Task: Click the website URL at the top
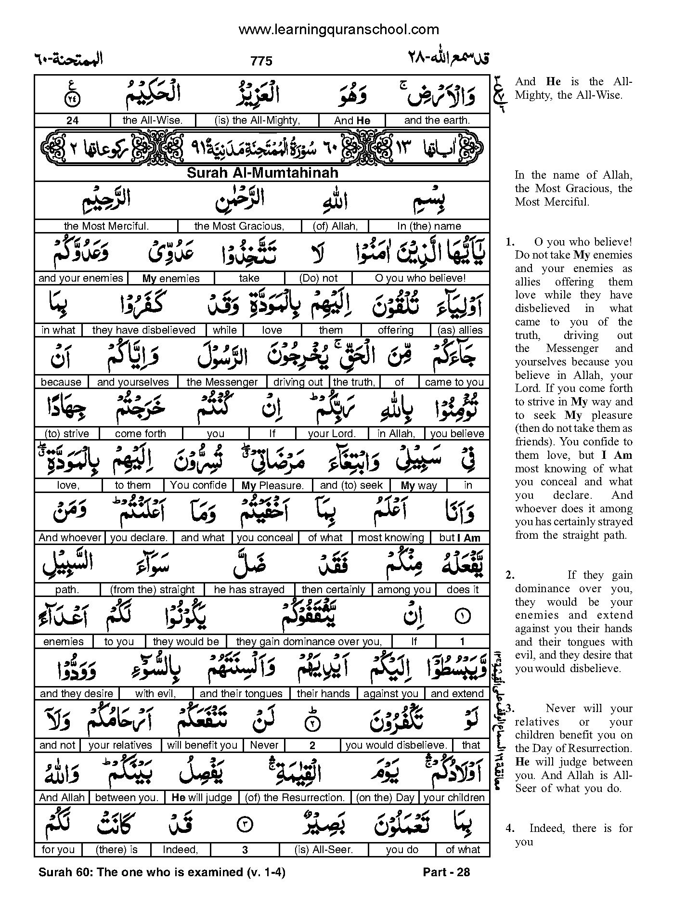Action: pyautogui.click(x=338, y=30)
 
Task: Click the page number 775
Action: pyautogui.click(x=261, y=61)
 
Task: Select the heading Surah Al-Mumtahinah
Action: pyautogui.click(x=262, y=173)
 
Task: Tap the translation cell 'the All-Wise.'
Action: pyautogui.click(x=153, y=120)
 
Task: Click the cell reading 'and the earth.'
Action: pyautogui.click(x=437, y=120)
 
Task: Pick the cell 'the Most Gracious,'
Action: pyautogui.click(x=239, y=226)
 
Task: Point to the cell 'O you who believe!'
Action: pyautogui.click(x=420, y=278)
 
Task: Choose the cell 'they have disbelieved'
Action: pyautogui.click(x=143, y=330)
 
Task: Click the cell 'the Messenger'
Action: pyautogui.click(x=222, y=382)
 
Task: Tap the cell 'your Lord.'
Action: pyautogui.click(x=332, y=433)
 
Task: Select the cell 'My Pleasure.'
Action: pyautogui.click(x=272, y=485)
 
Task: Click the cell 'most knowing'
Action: pyautogui.click(x=391, y=537)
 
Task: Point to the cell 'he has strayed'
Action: pyautogui.click(x=250, y=589)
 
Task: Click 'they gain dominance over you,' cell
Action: pyautogui.click(x=309, y=641)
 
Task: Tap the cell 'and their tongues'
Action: pyautogui.click(x=241, y=693)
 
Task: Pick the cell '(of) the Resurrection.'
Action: pyautogui.click(x=295, y=797)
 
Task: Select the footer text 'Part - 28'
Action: pyautogui.click(x=446, y=872)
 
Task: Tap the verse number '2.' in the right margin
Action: pyautogui.click(x=510, y=575)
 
